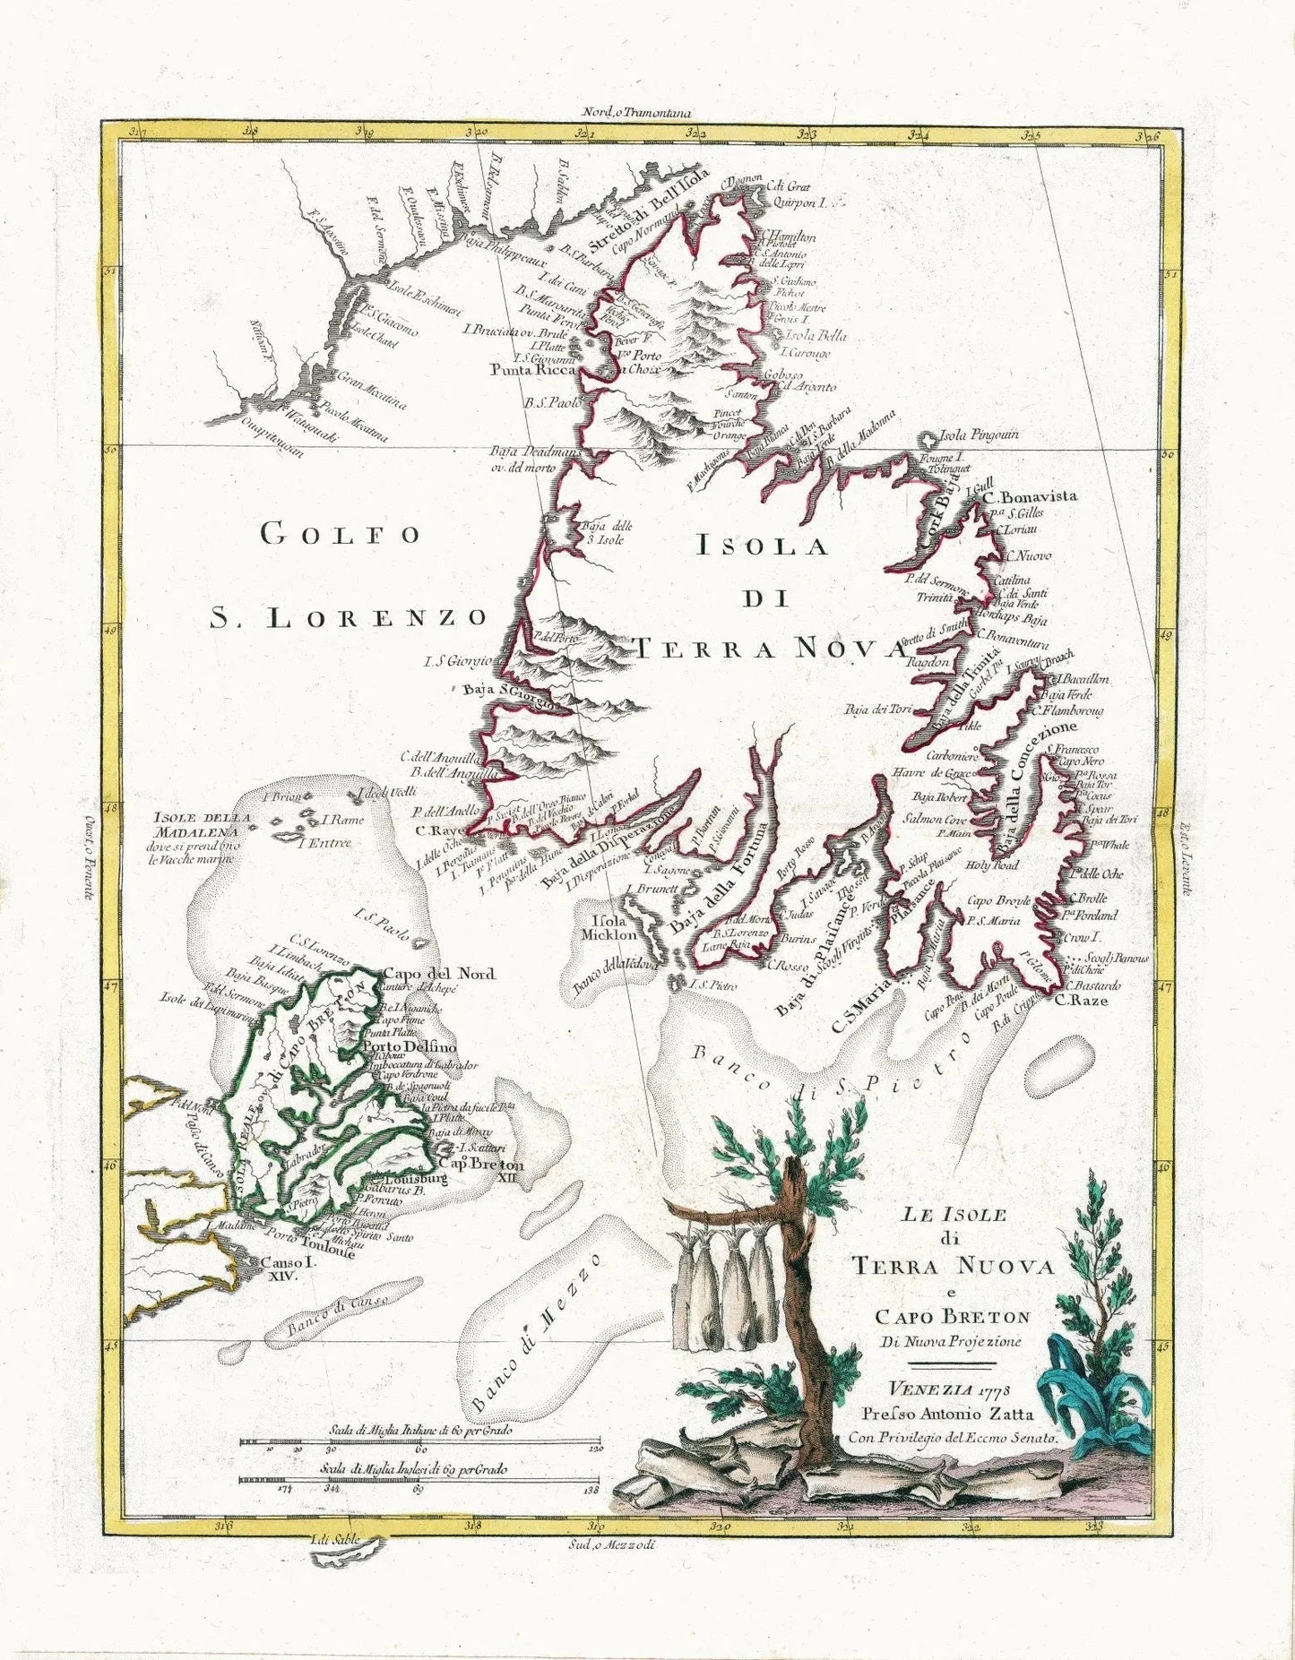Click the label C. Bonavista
point(1030,496)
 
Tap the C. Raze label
point(1081,1000)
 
